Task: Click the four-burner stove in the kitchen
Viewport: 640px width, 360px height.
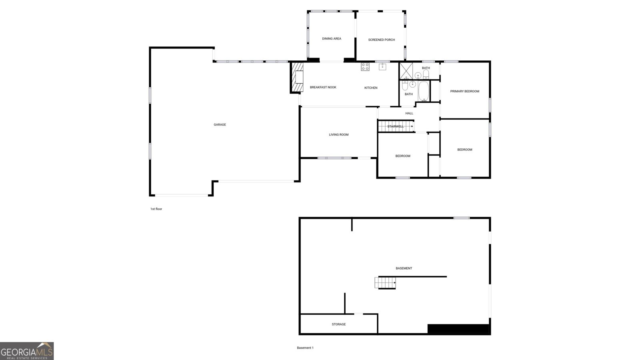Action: click(365, 67)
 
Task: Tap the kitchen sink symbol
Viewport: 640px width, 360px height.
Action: click(383, 67)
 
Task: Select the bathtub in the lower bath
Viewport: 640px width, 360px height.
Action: click(423, 92)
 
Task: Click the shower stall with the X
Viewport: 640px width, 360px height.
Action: click(406, 70)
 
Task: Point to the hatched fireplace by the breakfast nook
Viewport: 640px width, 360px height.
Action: click(296, 78)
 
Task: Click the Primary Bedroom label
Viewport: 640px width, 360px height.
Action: click(464, 91)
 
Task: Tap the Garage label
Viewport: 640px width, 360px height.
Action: click(220, 125)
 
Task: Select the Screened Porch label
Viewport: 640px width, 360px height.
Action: click(381, 40)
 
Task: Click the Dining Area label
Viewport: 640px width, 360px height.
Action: click(332, 39)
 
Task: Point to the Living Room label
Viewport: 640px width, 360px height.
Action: click(338, 135)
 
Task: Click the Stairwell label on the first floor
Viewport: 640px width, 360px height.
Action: click(395, 127)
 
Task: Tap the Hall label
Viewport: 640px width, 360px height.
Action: click(409, 114)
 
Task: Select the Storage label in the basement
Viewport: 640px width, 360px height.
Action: click(338, 324)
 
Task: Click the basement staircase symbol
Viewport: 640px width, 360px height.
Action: click(385, 283)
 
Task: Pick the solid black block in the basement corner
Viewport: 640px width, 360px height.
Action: click(458, 329)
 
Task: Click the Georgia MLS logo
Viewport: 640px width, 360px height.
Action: click(27, 351)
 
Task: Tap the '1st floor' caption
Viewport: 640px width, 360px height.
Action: click(156, 209)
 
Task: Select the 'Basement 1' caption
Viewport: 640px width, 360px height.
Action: click(305, 348)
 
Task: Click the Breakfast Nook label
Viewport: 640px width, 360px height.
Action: click(323, 88)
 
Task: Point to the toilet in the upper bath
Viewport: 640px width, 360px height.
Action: click(426, 74)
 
